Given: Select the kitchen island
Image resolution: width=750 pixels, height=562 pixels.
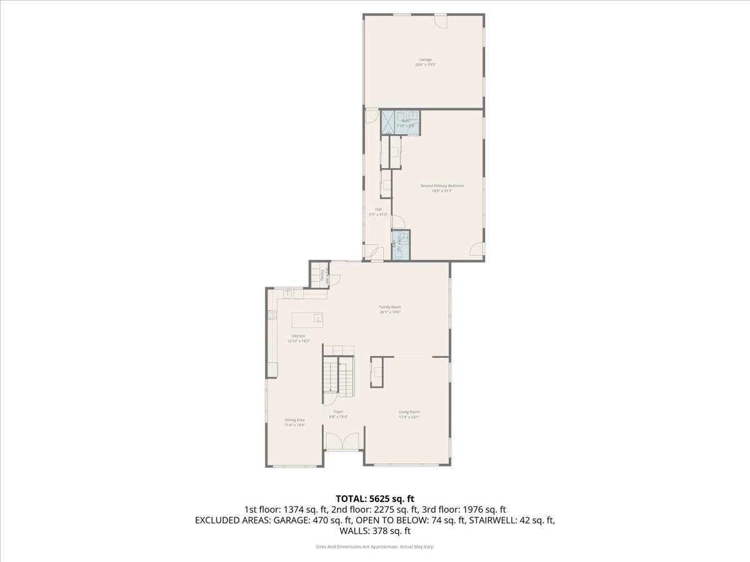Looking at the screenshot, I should [308, 319].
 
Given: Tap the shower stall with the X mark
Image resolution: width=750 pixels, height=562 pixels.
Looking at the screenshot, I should [389, 121].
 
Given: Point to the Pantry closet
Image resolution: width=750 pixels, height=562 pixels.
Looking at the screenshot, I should [319, 275].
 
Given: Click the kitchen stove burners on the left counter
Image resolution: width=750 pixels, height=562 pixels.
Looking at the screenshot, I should [271, 316].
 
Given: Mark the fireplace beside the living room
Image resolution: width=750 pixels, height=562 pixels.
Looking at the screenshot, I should [377, 372].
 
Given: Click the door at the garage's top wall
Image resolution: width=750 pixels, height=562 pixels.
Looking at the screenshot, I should [441, 20].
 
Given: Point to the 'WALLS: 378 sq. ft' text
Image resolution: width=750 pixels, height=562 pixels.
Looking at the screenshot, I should [375, 531].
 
